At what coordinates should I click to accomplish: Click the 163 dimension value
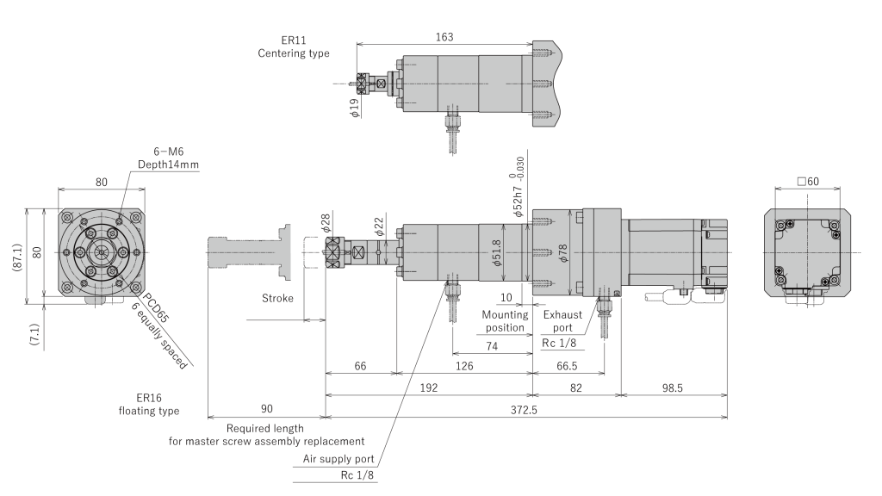tap(444, 37)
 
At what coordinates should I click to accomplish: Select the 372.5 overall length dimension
tap(523, 410)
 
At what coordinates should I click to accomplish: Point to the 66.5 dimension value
tap(568, 366)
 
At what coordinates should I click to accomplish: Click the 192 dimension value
tap(429, 388)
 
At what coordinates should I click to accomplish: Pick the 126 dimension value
tap(465, 366)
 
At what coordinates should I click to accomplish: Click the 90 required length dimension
tap(265, 410)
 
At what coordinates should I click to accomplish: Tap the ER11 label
tap(293, 40)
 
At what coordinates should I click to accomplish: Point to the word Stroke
tap(277, 299)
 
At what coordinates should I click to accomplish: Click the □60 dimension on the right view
tap(810, 182)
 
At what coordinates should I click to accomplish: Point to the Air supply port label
tap(339, 459)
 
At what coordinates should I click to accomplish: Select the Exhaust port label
tap(563, 321)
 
